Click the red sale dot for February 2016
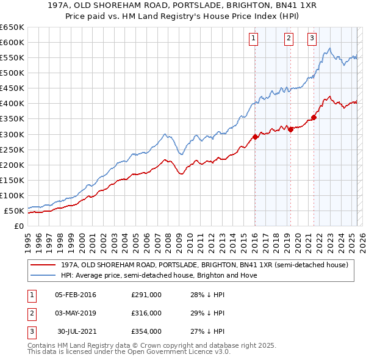tap(255, 137)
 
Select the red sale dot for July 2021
tap(314, 117)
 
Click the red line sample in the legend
tap(43, 265)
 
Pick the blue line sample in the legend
tap(43, 275)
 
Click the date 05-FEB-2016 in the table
tap(76, 295)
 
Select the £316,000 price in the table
tap(146, 313)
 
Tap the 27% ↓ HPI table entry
tap(207, 331)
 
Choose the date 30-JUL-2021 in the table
tap(77, 331)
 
